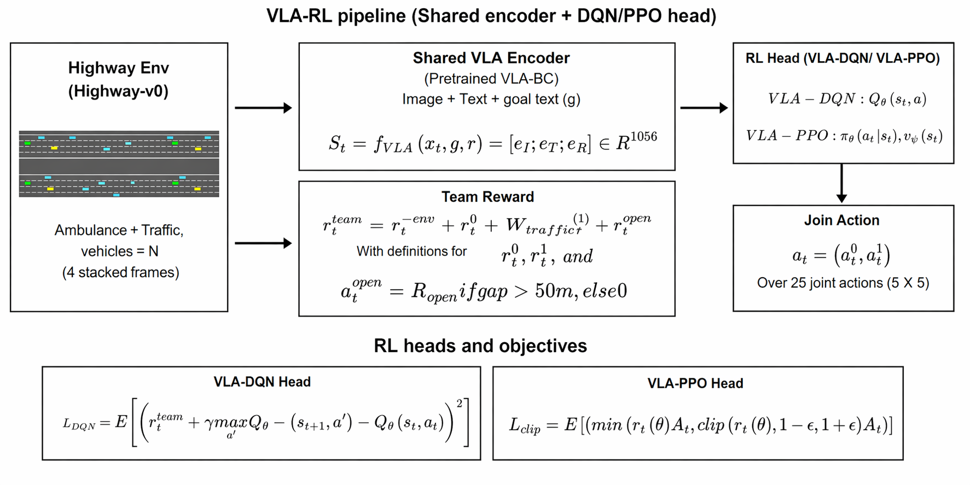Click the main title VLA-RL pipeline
click(x=491, y=16)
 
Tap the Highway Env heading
click(x=118, y=68)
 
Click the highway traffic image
click(x=119, y=163)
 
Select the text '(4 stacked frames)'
click(x=120, y=272)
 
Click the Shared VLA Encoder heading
click(x=491, y=58)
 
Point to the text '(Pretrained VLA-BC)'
click(x=491, y=79)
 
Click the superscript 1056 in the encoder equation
click(x=643, y=137)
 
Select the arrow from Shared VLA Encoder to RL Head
click(x=704, y=108)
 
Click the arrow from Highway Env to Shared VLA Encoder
click(x=263, y=108)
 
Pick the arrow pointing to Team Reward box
click(x=263, y=243)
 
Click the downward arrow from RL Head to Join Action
click(x=841, y=184)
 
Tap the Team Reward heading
click(x=487, y=197)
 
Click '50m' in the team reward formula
click(x=553, y=291)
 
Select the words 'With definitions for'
click(x=411, y=252)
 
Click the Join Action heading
click(x=841, y=220)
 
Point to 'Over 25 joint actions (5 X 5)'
click(x=843, y=283)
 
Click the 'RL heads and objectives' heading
click(x=480, y=346)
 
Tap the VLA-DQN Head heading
click(x=262, y=382)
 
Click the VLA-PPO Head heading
click(x=695, y=383)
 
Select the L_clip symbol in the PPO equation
click(x=524, y=425)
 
